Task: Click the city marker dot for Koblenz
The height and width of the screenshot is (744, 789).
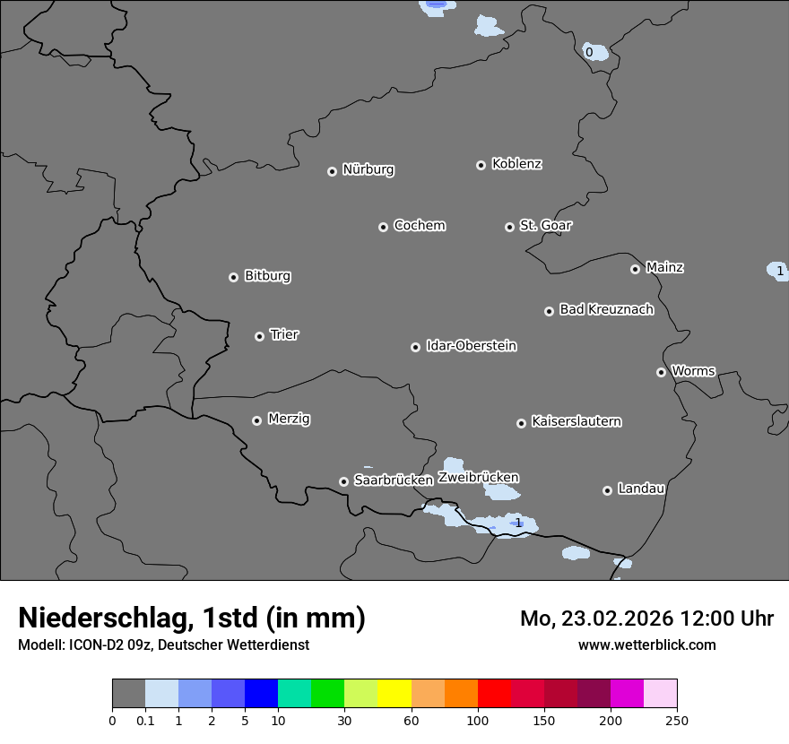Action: coord(481,165)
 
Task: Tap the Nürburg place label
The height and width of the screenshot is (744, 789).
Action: coord(368,169)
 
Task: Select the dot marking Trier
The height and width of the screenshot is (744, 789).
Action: coord(260,336)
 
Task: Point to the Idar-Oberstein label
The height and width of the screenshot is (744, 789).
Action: coord(471,346)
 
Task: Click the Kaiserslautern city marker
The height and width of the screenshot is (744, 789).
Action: coord(521,423)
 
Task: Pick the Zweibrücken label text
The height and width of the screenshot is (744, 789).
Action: coord(478,478)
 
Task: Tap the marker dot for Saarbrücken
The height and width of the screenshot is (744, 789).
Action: coord(343,481)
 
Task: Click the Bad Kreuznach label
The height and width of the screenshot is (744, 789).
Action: coord(606,309)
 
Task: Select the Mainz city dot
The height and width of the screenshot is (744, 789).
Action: coord(635,269)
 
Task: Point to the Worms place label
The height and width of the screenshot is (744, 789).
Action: coord(693,371)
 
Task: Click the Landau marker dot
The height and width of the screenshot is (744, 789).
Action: coord(607,490)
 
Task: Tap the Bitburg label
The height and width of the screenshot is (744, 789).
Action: coord(267,276)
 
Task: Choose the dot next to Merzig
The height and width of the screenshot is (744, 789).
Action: coord(256,420)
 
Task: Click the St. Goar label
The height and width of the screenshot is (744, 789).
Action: coord(545,226)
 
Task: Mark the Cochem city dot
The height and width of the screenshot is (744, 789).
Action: coord(383,227)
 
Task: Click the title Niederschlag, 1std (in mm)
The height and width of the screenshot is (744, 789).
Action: coord(192,619)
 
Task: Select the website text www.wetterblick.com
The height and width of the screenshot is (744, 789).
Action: coord(646,645)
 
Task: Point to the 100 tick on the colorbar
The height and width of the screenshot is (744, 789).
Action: coord(478,720)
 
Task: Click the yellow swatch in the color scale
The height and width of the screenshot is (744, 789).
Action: coord(394,694)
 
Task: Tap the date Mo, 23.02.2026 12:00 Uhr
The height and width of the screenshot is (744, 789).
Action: coord(646,619)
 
